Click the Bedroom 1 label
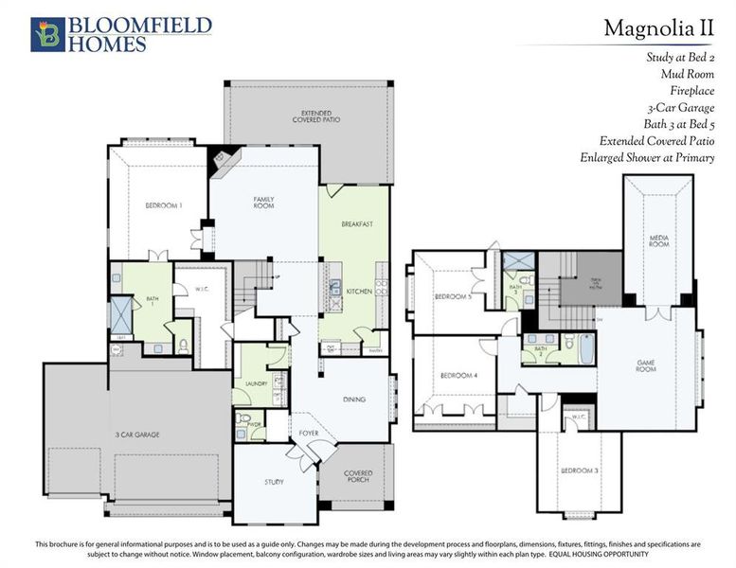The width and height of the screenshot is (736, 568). pos(163,205)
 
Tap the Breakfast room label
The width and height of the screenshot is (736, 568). pos(357,224)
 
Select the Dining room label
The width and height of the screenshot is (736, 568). pos(353,399)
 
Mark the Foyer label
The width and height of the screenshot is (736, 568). pos(308,434)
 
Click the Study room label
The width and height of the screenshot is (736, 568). pos(274,482)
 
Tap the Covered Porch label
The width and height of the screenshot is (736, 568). pos(357,476)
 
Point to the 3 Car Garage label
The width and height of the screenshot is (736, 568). pos(139,435)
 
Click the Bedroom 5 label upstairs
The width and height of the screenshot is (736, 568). pos(452,296)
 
